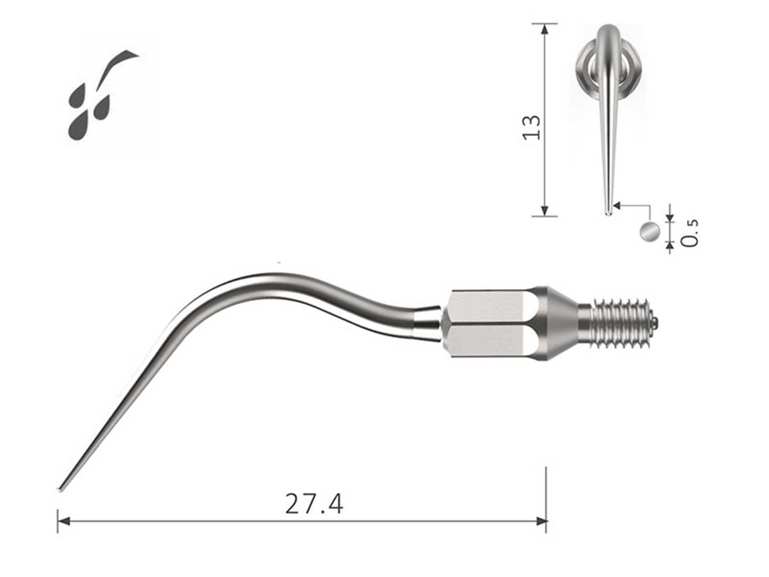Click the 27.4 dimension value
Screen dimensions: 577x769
(314, 504)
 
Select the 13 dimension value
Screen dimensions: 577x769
(532, 127)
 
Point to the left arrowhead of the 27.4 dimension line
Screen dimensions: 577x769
(62, 521)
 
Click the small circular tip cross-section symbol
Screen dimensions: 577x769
(649, 231)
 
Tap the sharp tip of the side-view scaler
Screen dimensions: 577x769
(60, 490)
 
